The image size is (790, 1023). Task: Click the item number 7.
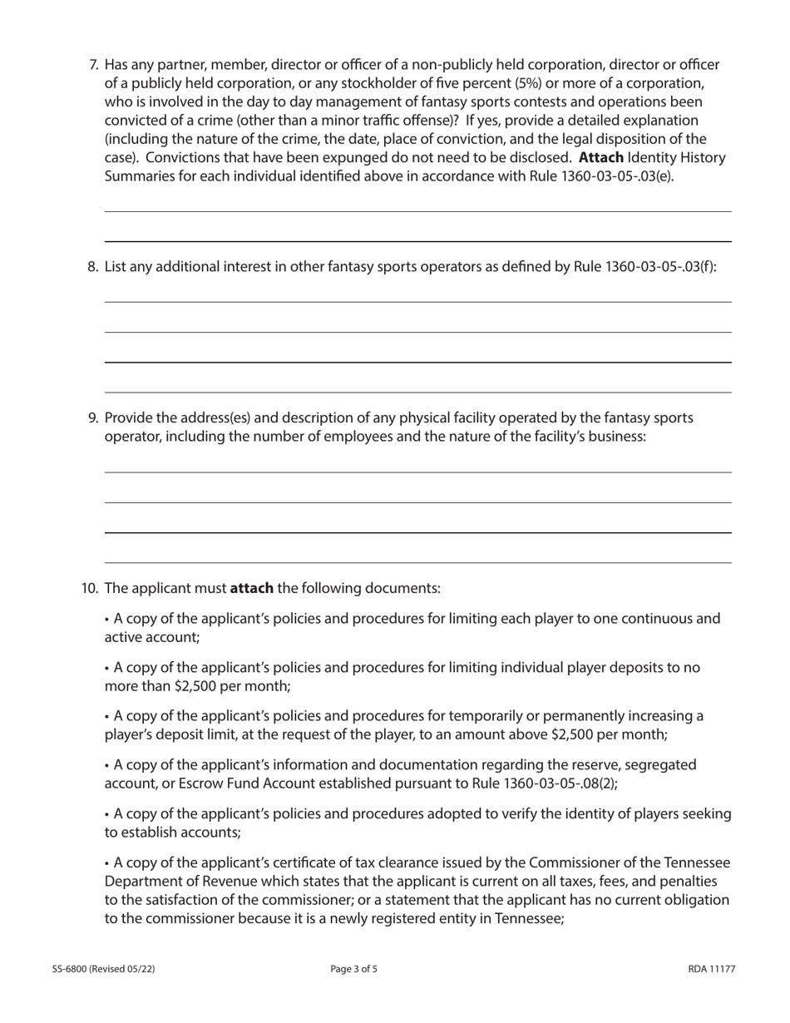93,65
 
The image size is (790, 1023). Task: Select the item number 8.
93,266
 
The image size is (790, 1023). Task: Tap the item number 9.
93,418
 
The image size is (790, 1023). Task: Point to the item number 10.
90,588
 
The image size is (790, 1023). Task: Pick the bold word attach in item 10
251,588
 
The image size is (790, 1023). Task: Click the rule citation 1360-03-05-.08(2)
553,783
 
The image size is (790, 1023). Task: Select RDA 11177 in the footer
712,969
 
